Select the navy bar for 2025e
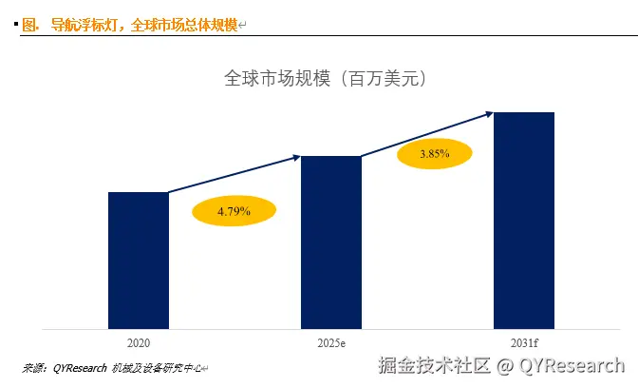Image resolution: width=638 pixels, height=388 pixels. [x=330, y=242]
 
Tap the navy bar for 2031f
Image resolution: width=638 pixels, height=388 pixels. [x=523, y=221]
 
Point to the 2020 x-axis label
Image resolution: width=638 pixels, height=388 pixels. [x=139, y=341]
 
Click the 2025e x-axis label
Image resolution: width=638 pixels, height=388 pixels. [x=331, y=341]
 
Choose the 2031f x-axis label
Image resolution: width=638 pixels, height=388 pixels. [x=523, y=341]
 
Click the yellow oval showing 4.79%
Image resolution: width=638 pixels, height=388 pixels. [x=233, y=211]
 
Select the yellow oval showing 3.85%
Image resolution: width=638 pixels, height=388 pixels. [x=434, y=153]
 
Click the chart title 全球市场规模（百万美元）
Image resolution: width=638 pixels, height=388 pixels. [x=325, y=79]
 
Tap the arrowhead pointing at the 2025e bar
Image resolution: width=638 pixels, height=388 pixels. [x=296, y=157]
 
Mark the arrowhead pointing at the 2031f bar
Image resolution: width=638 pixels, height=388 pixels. [x=488, y=113]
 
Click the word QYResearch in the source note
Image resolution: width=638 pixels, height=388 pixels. [x=80, y=368]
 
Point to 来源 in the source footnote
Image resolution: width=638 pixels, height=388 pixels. [x=34, y=368]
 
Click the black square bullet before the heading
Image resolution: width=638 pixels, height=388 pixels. [x=15, y=23]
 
